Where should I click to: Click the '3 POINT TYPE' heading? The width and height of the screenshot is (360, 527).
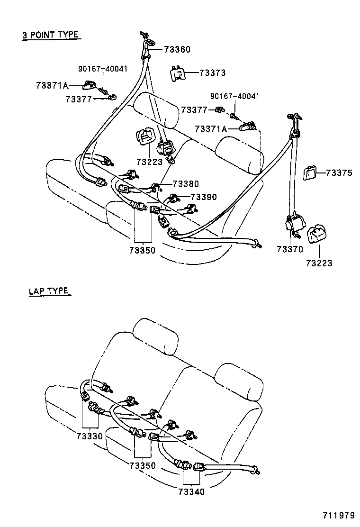click(50, 35)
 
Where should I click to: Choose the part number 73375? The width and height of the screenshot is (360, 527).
click(339, 173)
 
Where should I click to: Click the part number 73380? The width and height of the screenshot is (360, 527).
click(186, 184)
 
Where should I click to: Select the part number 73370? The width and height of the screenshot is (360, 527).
click(290, 248)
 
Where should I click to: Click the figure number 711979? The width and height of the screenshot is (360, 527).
click(339, 516)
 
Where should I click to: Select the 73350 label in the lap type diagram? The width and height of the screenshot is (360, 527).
click(142, 465)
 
